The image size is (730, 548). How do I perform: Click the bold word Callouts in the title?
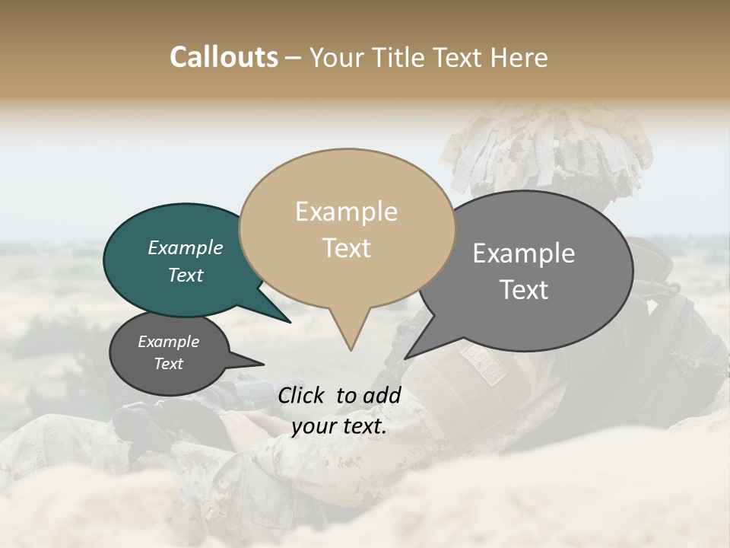pyautogui.click(x=224, y=57)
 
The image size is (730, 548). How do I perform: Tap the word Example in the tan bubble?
pyautogui.click(x=346, y=212)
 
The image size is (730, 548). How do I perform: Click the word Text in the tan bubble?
pyautogui.click(x=346, y=248)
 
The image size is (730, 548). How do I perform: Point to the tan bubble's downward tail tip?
pyautogui.click(x=351, y=349)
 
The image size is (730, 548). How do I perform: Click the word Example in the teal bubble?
pyautogui.click(x=185, y=247)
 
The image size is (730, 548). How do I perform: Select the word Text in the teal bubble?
pyautogui.click(x=185, y=275)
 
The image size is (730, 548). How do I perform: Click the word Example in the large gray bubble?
pyautogui.click(x=523, y=253)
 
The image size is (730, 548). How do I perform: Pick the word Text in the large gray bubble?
pyautogui.click(x=523, y=290)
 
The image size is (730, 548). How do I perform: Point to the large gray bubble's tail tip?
pyautogui.click(x=406, y=358)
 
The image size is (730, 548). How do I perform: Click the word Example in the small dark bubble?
pyautogui.click(x=168, y=342)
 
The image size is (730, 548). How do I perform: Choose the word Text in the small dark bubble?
pyautogui.click(x=168, y=364)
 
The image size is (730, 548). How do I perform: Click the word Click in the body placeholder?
pyautogui.click(x=303, y=395)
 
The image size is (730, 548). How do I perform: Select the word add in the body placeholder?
pyautogui.click(x=382, y=395)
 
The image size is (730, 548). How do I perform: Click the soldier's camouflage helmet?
pyautogui.click(x=547, y=152)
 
